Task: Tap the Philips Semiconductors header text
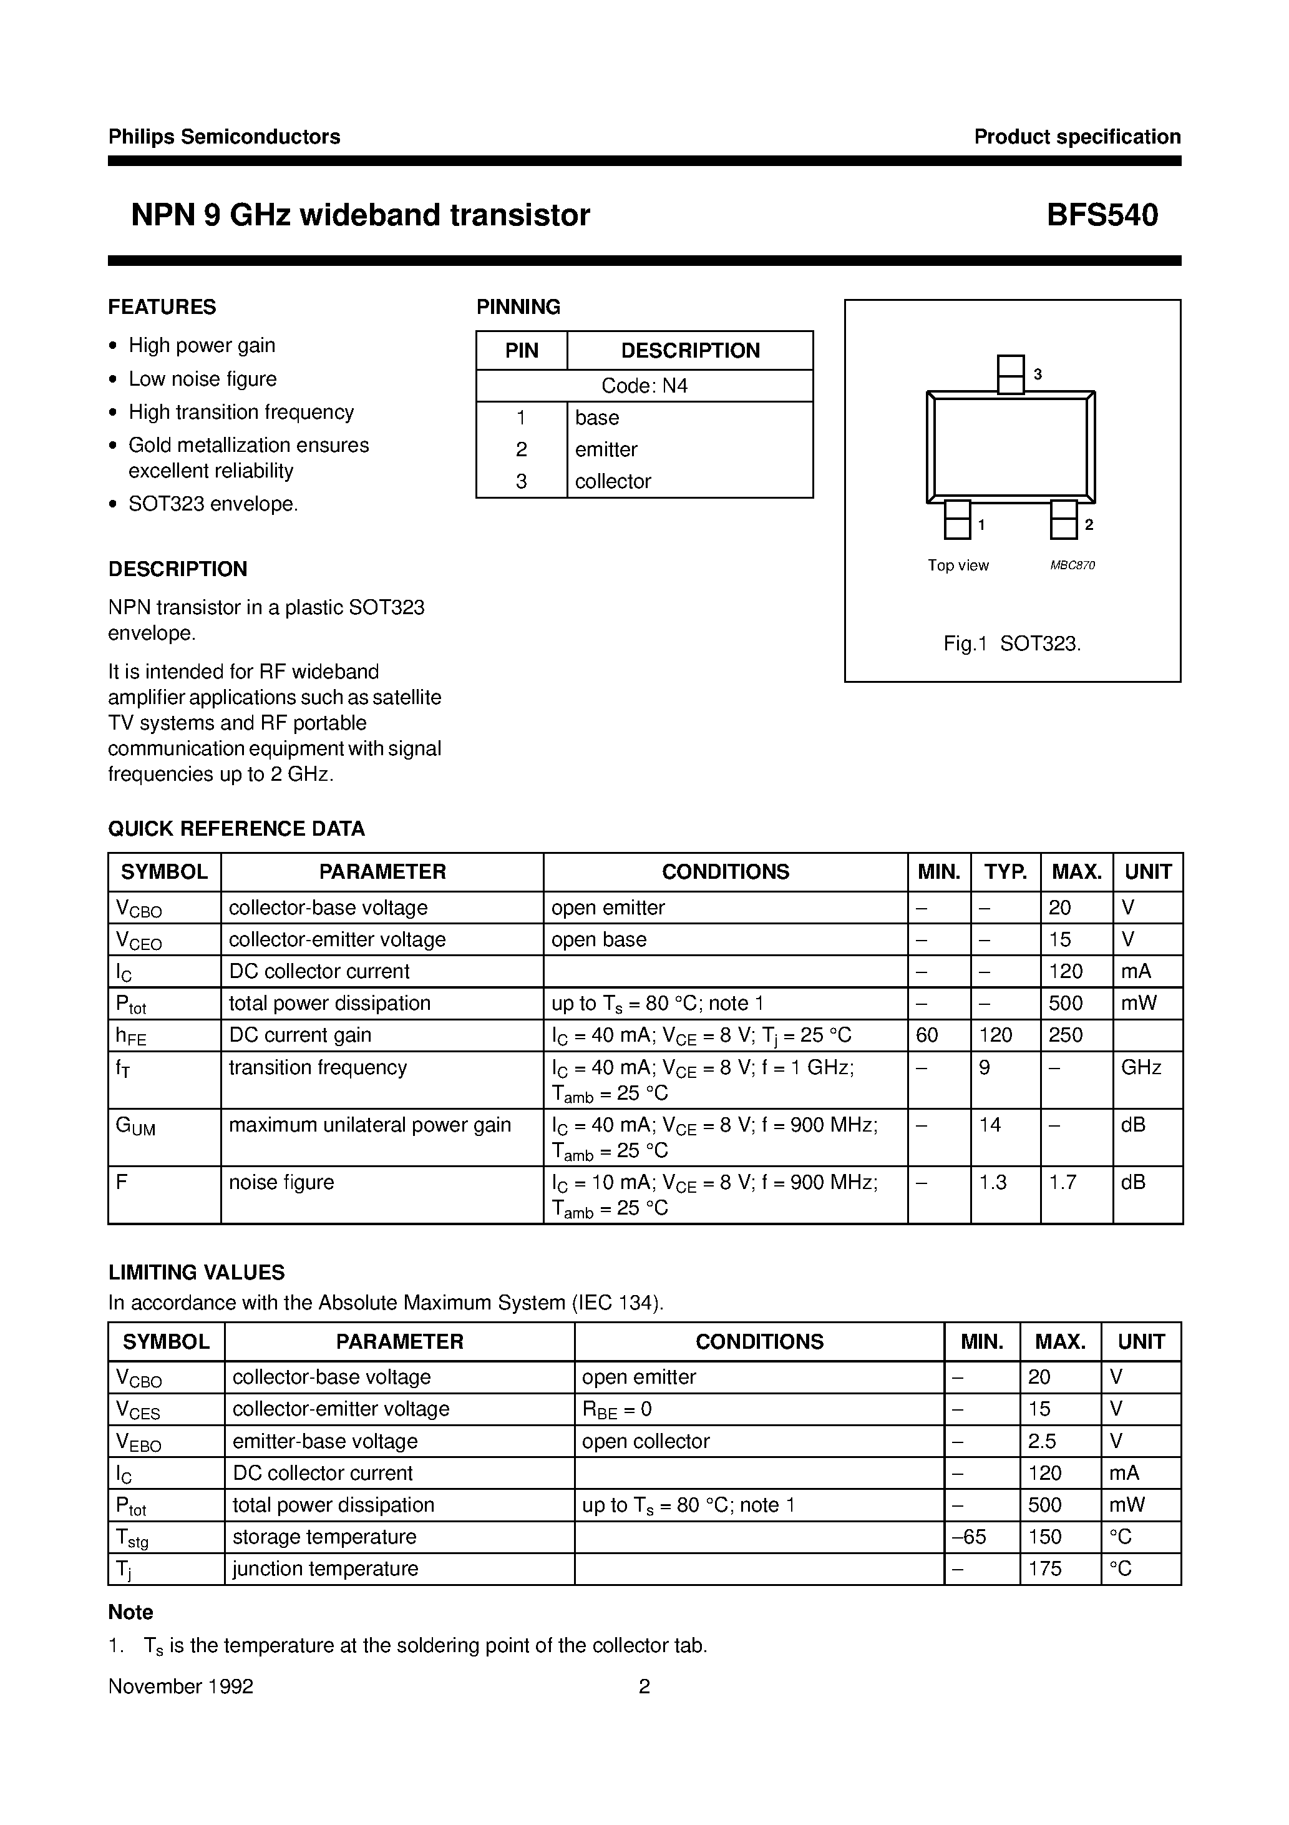tap(224, 137)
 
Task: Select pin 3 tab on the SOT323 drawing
tap(1010, 374)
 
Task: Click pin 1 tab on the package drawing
tap(957, 520)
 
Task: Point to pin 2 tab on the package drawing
tap(1063, 520)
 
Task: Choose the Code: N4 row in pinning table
tap(644, 386)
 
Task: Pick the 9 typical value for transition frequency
tap(985, 1067)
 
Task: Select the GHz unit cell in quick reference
tap(1141, 1067)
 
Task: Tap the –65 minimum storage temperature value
tap(968, 1537)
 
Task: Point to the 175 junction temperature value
tap(1044, 1568)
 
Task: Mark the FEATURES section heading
tap(162, 307)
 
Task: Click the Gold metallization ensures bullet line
tap(249, 445)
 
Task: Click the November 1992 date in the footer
tap(180, 1686)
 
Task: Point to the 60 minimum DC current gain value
tap(927, 1035)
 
